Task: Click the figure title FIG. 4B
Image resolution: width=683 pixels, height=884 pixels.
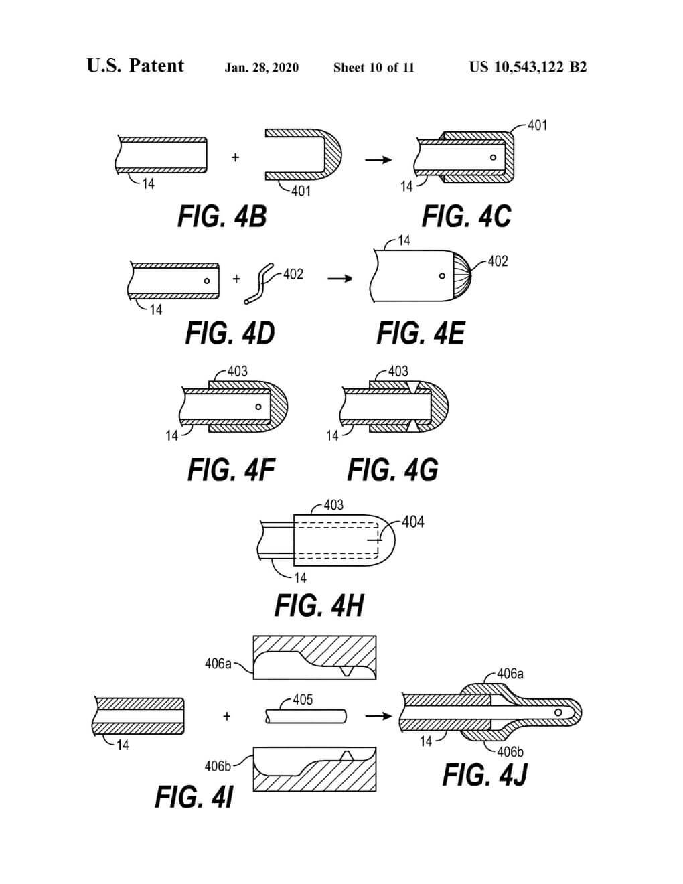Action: point(222,217)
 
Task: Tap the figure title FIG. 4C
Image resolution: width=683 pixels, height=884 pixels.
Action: point(466,217)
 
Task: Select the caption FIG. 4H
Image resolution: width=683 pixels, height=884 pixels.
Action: point(319,605)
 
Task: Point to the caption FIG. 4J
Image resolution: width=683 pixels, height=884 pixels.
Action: point(485,775)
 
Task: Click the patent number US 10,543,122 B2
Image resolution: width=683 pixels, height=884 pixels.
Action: point(528,67)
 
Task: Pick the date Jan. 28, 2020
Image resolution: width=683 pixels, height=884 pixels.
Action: point(262,68)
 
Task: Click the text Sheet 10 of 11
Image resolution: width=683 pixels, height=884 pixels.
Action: point(374,68)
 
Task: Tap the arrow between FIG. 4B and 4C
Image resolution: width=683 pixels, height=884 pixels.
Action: point(378,160)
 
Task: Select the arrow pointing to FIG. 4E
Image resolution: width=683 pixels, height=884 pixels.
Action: point(339,278)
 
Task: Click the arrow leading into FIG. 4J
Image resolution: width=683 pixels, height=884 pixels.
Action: point(378,716)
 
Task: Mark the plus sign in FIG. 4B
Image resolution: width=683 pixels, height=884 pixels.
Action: point(235,157)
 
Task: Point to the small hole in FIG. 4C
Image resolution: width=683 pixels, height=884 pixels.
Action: point(494,158)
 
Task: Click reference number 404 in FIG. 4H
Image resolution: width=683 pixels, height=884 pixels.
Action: point(413,522)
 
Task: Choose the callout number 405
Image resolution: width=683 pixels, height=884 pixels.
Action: point(303,700)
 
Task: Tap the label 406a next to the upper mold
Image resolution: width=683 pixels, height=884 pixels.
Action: point(218,664)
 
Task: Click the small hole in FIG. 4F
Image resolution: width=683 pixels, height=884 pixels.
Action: point(258,407)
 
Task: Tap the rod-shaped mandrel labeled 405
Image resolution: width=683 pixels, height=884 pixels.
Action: point(306,716)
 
